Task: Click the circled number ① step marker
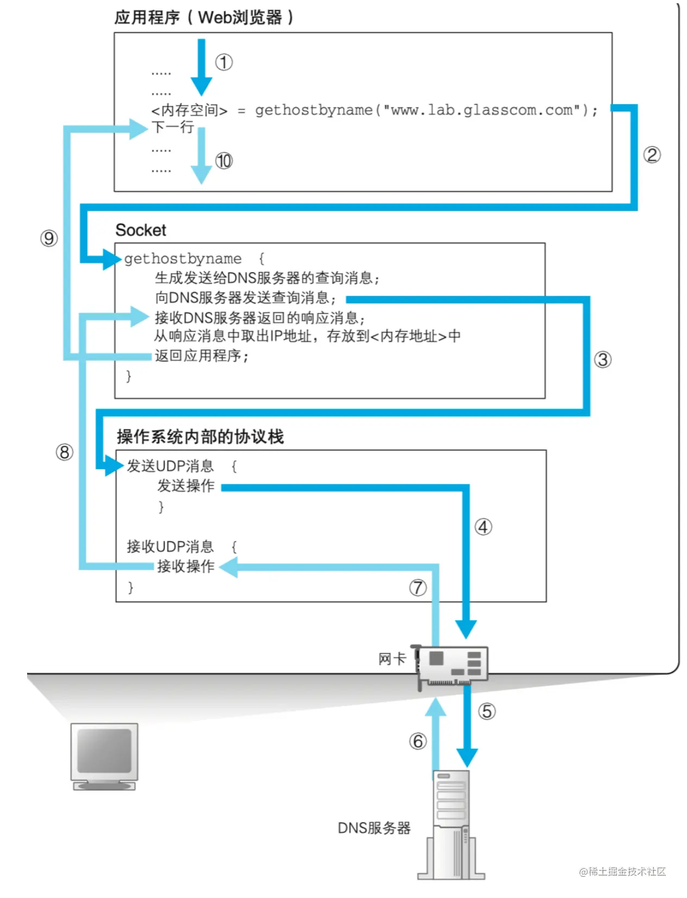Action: pyautogui.click(x=224, y=62)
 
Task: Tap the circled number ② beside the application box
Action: pyautogui.click(x=652, y=155)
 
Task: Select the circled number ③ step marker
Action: pyautogui.click(x=602, y=359)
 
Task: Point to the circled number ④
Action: pyautogui.click(x=483, y=527)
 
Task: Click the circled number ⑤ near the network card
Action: pyautogui.click(x=487, y=711)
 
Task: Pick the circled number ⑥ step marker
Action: pyautogui.click(x=417, y=741)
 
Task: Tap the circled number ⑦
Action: pyautogui.click(x=417, y=587)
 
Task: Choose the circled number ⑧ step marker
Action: pyautogui.click(x=64, y=452)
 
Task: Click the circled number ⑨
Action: pyautogui.click(x=49, y=238)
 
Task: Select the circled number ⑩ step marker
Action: pyautogui.click(x=224, y=161)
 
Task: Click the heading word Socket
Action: pyautogui.click(x=141, y=230)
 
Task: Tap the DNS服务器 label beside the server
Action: pyautogui.click(x=374, y=828)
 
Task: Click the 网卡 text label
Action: pyautogui.click(x=392, y=659)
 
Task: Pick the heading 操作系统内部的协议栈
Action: pyautogui.click(x=200, y=437)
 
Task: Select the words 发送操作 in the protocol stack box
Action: pyautogui.click(x=186, y=485)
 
